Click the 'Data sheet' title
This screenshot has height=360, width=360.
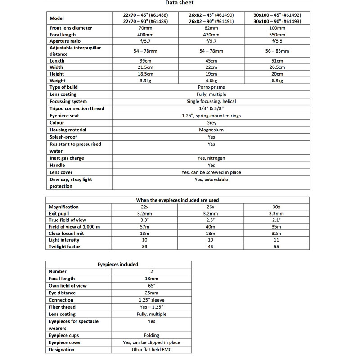[x=180, y=4]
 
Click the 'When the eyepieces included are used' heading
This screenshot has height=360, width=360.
[x=178, y=200]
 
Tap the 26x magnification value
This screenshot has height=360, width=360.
[x=211, y=207]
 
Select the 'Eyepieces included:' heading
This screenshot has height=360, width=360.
[x=119, y=265]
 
